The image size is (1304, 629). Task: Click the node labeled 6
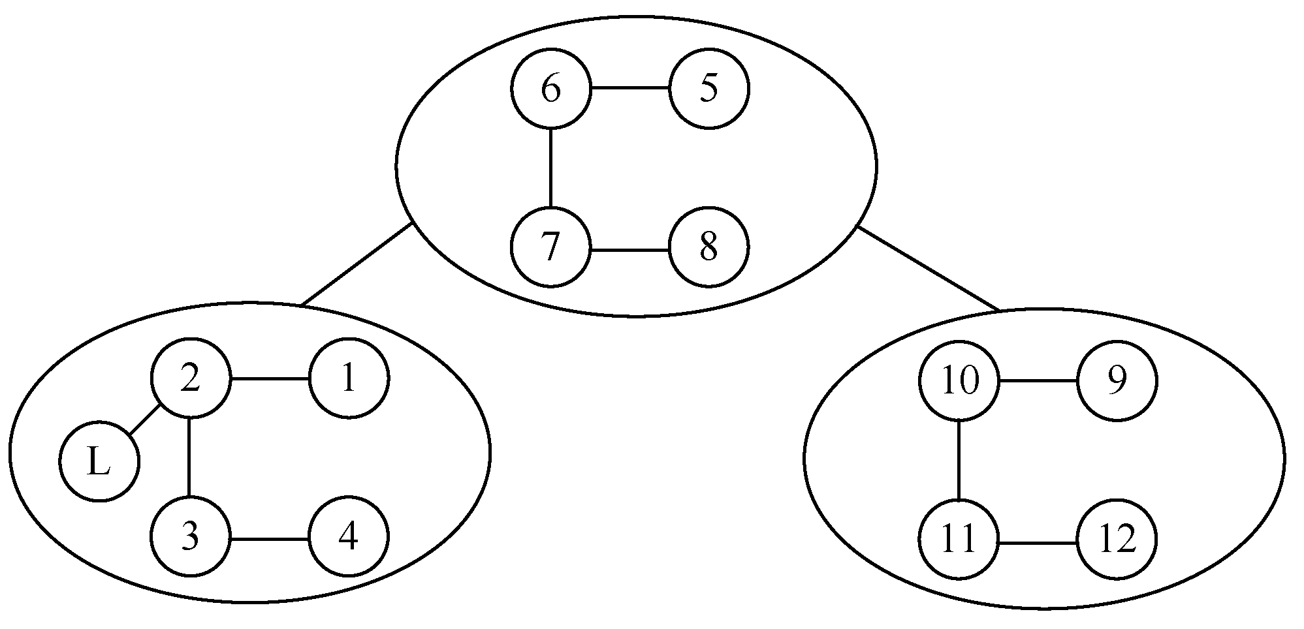click(x=551, y=89)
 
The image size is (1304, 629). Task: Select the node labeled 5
click(x=709, y=89)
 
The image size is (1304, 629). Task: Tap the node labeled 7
click(x=551, y=248)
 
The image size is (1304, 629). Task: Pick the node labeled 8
click(x=709, y=248)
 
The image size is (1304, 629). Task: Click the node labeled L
click(x=99, y=462)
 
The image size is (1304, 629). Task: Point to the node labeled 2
click(x=190, y=378)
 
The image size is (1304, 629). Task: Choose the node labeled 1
click(x=349, y=378)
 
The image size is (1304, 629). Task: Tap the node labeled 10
click(x=959, y=381)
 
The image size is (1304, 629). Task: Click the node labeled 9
click(x=1117, y=381)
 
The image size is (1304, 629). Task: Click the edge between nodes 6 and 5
click(x=630, y=89)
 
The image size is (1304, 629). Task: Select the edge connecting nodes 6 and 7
click(x=551, y=168)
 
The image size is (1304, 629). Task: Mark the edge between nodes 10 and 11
click(x=959, y=461)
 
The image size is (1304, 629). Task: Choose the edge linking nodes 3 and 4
click(x=269, y=539)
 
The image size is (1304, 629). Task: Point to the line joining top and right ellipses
click(x=927, y=268)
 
